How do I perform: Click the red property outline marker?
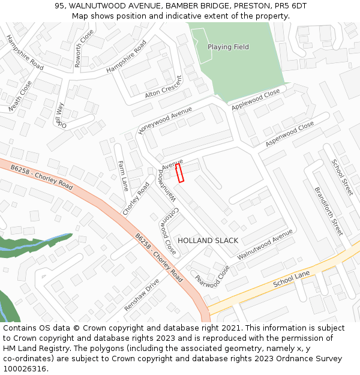click(x=179, y=173)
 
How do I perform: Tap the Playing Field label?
click(x=228, y=47)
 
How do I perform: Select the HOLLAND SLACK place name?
click(x=208, y=241)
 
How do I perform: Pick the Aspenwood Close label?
click(x=290, y=134)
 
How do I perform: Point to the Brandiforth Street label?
click(x=328, y=211)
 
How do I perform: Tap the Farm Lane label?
click(x=123, y=176)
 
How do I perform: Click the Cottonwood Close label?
click(x=168, y=230)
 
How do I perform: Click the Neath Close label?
click(x=20, y=96)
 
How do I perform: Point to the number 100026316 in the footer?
click(x=25, y=368)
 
